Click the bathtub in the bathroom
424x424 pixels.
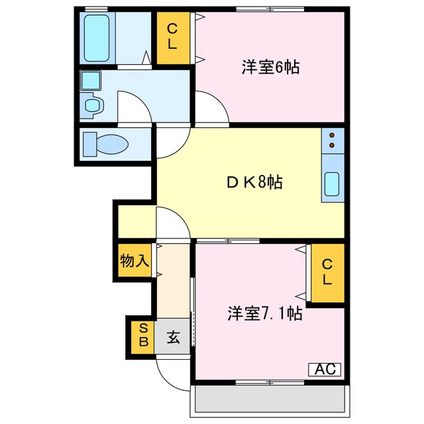(x=97, y=38)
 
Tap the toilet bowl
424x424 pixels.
(x=112, y=144)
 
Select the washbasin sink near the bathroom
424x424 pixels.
(x=93, y=105)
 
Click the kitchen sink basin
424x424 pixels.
(x=332, y=184)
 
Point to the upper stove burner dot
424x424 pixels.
(x=332, y=135)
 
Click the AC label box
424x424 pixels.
(x=325, y=369)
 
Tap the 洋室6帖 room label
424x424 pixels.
(x=271, y=68)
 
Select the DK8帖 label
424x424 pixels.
(x=254, y=182)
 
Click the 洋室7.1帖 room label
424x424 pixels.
(x=265, y=313)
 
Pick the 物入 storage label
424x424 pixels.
(x=134, y=261)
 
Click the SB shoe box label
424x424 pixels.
(x=144, y=336)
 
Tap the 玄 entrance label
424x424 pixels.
(x=174, y=337)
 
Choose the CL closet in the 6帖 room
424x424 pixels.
(x=172, y=38)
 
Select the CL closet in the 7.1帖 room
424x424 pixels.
(x=327, y=272)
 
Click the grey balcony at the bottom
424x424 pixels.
(x=270, y=399)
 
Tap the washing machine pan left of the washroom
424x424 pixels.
(x=91, y=80)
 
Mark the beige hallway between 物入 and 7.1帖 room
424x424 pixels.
(x=173, y=281)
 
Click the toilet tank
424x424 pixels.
(x=90, y=144)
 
